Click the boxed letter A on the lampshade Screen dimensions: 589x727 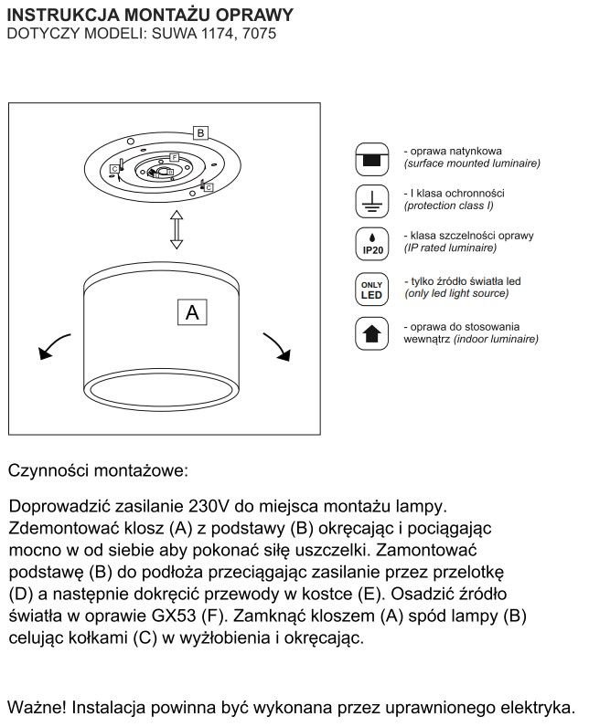point(192,312)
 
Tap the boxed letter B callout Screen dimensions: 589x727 point(200,132)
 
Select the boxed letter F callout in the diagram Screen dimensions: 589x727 point(174,157)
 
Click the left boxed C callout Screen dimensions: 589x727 point(114,169)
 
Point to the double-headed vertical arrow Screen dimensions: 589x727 point(177,229)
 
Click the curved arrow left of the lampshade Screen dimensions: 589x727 point(53,346)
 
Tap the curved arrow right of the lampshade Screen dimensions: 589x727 point(278,346)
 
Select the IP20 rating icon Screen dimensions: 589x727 point(371,244)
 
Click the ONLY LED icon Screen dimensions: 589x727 point(371,290)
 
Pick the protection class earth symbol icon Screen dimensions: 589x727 point(371,201)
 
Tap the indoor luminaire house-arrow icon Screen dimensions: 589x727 point(371,333)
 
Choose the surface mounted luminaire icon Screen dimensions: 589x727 point(371,159)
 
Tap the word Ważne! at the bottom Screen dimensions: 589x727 point(37,708)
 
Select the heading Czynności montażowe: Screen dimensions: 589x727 point(99,470)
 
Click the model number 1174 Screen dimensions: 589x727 point(219,34)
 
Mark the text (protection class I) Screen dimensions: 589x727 point(448,205)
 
